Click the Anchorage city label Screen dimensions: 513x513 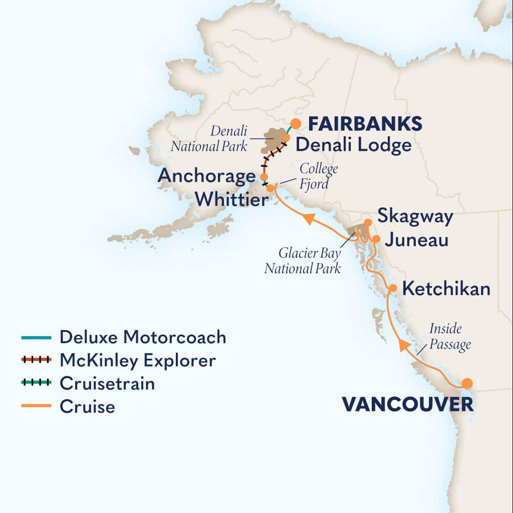(206, 176)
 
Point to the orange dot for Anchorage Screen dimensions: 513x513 (264, 177)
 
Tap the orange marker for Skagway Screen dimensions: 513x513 (368, 222)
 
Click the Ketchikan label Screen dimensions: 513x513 (446, 289)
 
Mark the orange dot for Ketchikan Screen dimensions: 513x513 (393, 288)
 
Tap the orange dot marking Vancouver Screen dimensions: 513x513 (467, 383)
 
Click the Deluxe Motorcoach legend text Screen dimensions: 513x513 (143, 337)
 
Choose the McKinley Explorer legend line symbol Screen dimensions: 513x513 (36, 360)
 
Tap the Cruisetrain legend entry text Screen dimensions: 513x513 (107, 383)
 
